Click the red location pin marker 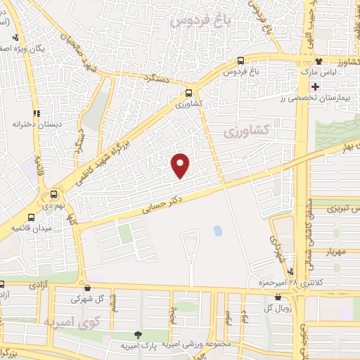click(x=181, y=165)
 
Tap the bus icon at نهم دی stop click(x=53, y=195)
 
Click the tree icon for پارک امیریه click(x=139, y=334)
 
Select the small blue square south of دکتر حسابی click(x=217, y=230)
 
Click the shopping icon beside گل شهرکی click(x=87, y=287)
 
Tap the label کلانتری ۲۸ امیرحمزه click(x=280, y=283)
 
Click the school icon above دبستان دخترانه click(x=36, y=112)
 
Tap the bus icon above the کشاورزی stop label click(x=188, y=92)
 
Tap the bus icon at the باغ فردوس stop click(x=241, y=60)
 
